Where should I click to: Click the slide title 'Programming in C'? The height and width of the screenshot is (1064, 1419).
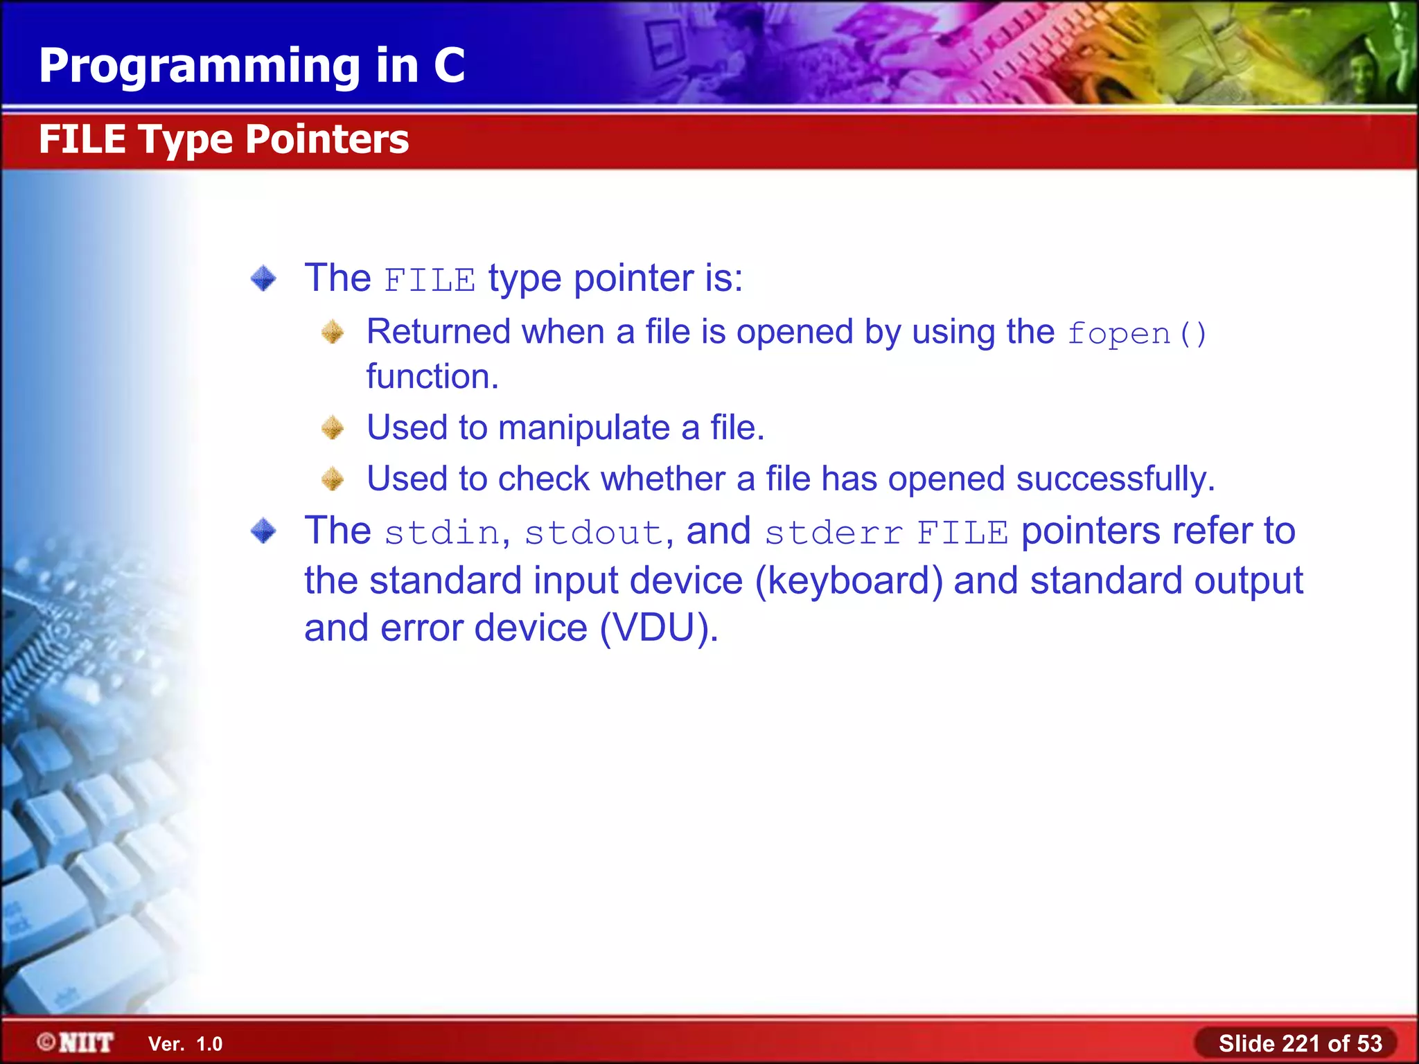click(252, 66)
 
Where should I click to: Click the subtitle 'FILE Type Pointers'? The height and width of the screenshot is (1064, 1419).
click(224, 139)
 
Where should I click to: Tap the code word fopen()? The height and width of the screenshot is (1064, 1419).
click(1136, 334)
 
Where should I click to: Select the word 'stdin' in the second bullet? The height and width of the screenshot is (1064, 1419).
click(441, 533)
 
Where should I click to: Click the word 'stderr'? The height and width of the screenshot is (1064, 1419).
click(833, 533)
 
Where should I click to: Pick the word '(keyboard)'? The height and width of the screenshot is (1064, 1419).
click(848, 580)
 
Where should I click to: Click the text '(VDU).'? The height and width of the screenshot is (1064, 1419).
click(658, 628)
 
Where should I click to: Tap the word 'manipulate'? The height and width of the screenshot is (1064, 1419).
click(583, 427)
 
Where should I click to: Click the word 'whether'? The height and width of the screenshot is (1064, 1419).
click(664, 479)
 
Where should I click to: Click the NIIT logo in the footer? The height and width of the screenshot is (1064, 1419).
click(76, 1043)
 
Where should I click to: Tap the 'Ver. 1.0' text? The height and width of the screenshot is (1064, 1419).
click(185, 1044)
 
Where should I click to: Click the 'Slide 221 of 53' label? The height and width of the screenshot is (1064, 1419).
click(1300, 1043)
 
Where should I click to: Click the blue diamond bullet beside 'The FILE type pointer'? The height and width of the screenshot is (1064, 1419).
click(263, 278)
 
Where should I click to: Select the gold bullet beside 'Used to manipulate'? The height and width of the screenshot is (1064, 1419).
click(333, 427)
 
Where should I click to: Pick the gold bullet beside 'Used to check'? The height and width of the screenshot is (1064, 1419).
click(333, 479)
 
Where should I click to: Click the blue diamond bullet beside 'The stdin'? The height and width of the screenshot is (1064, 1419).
click(263, 531)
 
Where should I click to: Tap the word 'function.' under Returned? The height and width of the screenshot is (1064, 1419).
click(432, 377)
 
